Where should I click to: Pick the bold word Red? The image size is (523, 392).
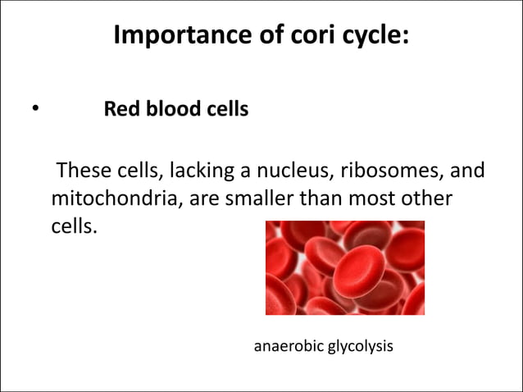point(120,108)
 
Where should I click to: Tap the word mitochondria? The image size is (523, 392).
point(107,199)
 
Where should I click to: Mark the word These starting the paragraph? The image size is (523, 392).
point(80,173)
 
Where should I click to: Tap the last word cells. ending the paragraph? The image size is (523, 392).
point(74,226)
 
